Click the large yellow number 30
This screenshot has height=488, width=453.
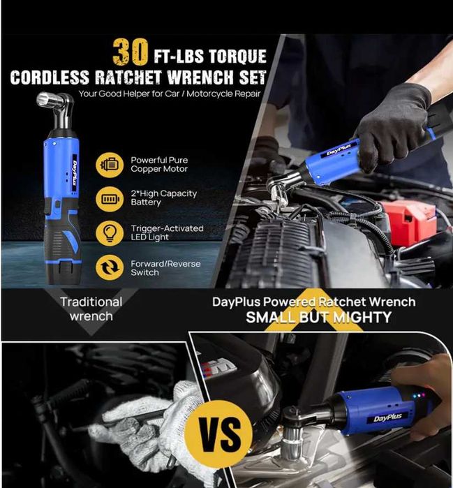coord(131,52)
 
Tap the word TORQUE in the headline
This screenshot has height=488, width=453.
coord(237,57)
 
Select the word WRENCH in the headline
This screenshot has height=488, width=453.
coord(201,77)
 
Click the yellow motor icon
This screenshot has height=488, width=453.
coord(110,165)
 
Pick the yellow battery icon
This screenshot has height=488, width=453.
coord(110,199)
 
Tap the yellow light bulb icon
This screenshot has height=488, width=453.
coord(110,233)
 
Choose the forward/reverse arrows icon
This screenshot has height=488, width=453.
coord(110,267)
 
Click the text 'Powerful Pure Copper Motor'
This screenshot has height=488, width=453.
coord(159,164)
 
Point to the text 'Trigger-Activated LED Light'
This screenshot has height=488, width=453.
coord(167,232)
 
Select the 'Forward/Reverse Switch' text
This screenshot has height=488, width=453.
coord(165,268)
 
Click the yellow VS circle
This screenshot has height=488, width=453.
coord(218,434)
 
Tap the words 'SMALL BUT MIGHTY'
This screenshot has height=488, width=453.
coord(318,318)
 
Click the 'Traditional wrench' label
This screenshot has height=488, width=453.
coord(91,309)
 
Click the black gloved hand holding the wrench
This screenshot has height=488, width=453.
coord(392,124)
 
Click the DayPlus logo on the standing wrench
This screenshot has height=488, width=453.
coord(75,173)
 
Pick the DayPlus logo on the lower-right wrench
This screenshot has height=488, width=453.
coord(387,417)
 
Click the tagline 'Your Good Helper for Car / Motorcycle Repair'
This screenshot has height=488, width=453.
coord(170,94)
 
